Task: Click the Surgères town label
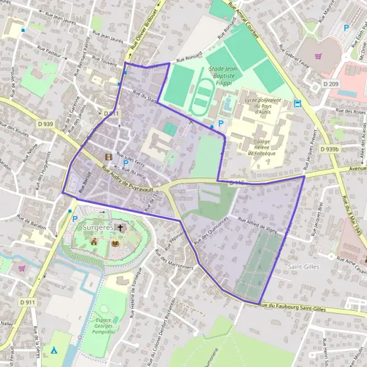[96, 228]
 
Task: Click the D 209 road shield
[331, 83]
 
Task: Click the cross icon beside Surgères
[120, 228]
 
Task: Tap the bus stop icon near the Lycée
[298, 103]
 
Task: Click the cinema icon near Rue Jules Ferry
[109, 157]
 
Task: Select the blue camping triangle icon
[54, 350]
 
